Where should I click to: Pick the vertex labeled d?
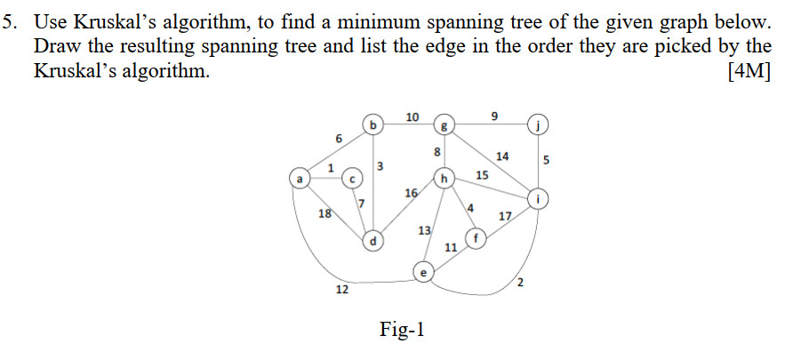[x=374, y=240]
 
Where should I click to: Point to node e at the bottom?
[x=424, y=273]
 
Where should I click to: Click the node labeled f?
[x=477, y=239]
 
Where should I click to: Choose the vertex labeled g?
[x=446, y=125]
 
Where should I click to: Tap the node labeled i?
[x=539, y=197]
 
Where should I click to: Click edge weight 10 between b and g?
[x=412, y=117]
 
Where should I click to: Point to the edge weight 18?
[x=325, y=213]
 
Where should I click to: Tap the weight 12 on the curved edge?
[x=341, y=291]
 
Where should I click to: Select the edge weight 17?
[x=505, y=217]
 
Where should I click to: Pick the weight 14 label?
[x=503, y=156]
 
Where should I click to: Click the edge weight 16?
[x=411, y=193]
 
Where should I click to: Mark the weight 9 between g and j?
[x=494, y=115]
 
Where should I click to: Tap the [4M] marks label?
[x=749, y=72]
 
